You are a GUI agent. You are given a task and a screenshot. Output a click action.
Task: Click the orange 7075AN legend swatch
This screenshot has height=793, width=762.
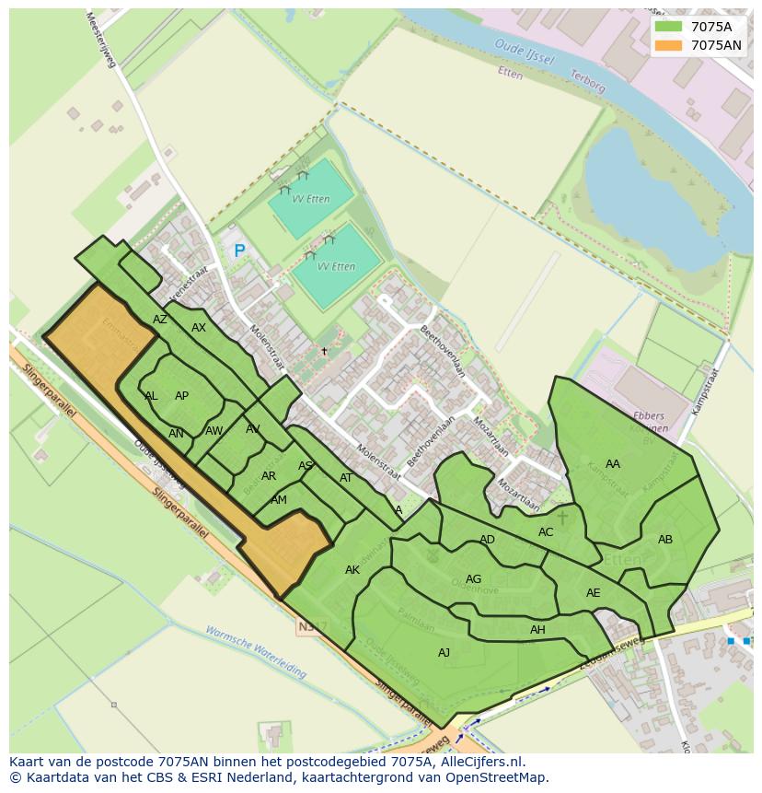pos(669,45)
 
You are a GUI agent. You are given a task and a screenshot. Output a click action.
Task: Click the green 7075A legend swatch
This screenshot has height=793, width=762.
pos(669,27)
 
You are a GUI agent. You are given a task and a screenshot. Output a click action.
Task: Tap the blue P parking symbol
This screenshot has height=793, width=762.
pos(239,251)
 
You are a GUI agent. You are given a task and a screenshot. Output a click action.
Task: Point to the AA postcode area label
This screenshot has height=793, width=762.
pos(613,464)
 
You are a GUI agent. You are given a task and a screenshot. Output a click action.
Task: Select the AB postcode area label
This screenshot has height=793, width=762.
pos(665,540)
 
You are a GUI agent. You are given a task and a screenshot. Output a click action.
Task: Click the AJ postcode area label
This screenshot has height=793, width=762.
pos(444,652)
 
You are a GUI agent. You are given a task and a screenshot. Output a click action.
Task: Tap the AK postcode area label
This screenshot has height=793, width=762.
pos(352,570)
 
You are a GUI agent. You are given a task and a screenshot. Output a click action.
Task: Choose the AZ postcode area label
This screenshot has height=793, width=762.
pos(160,320)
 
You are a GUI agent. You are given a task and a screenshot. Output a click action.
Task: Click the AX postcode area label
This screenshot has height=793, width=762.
pos(199,328)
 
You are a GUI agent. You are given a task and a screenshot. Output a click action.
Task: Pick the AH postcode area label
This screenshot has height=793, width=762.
pos(537,630)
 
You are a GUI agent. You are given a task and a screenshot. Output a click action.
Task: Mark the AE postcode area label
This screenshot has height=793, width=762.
pos(594,593)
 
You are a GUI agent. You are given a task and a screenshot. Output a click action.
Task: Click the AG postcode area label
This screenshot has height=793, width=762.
pos(473,579)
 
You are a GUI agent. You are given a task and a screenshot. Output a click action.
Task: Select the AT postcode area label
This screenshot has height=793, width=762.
pos(346,478)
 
